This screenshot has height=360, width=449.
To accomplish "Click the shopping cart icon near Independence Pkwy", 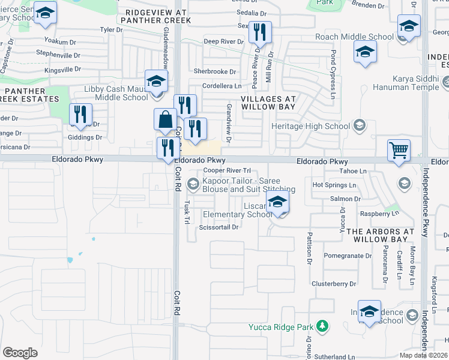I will coord(399,150).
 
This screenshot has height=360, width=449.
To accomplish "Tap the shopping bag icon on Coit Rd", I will coord(165,119).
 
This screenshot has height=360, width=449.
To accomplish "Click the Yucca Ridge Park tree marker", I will coord(323,326).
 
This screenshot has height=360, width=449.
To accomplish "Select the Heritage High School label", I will coord(310,126).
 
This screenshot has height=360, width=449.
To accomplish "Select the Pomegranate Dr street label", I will coord(348,255).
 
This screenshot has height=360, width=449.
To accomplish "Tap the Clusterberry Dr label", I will coord(334,283).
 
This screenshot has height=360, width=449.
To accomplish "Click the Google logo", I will coord(20,353).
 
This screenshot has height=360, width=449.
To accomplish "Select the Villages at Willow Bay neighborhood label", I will coord(269,102).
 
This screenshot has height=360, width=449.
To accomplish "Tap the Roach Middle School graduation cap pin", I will coord(364,52).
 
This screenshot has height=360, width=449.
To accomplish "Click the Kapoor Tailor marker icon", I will coord(193,183).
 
